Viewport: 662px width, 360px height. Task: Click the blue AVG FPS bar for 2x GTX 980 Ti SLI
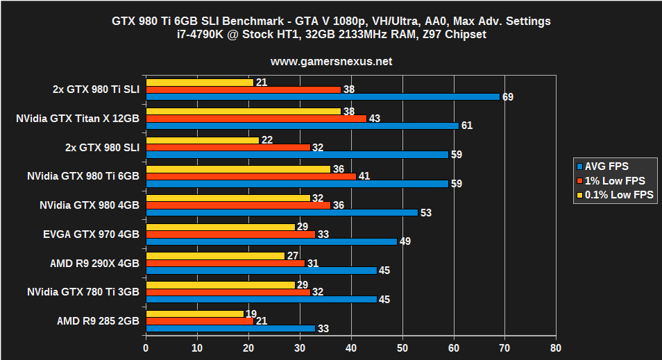tap(323, 96)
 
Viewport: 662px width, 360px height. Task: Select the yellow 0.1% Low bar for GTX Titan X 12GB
tap(243, 111)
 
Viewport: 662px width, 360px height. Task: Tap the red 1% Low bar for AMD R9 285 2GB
tap(200, 320)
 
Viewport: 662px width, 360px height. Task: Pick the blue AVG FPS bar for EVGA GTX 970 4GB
tap(271, 241)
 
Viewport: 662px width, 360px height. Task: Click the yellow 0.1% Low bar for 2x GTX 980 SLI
tap(202, 140)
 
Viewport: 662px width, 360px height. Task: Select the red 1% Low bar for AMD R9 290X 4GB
tap(226, 263)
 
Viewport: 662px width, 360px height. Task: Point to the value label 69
tap(508, 96)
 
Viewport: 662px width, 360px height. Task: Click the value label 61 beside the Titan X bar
tap(466, 126)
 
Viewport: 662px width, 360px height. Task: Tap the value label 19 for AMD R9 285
tap(251, 313)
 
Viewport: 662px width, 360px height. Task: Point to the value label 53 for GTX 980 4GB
tap(425, 212)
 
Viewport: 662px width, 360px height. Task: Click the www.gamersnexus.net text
tap(331, 61)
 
